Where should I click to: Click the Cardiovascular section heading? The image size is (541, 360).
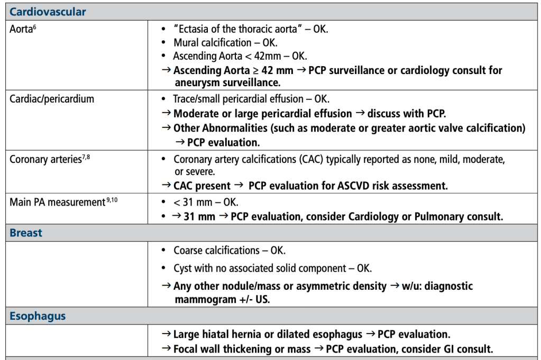tap(48, 12)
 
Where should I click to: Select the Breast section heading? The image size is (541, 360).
tap(26, 233)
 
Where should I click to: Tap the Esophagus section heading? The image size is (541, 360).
tap(38, 316)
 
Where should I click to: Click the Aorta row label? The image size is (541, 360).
tap(21, 29)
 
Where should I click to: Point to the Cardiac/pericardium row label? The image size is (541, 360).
tap(52, 99)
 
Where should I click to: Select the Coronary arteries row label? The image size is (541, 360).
tap(45, 159)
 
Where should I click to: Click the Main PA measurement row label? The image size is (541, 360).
tap(57, 202)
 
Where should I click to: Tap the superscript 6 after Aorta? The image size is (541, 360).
tap(34, 26)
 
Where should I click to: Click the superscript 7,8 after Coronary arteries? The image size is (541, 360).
tap(86, 157)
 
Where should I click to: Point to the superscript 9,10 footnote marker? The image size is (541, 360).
tap(111, 200)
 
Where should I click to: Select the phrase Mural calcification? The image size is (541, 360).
tap(213, 42)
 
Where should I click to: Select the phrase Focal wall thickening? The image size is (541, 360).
tap(219, 349)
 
